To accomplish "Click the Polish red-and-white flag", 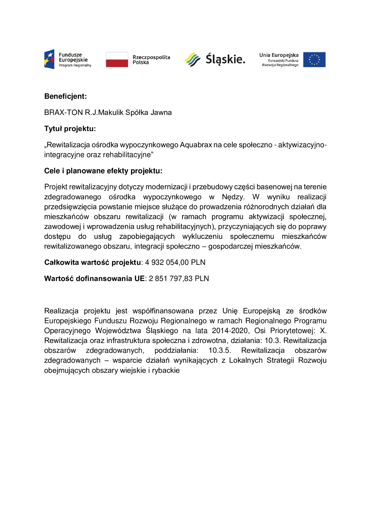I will (117, 60).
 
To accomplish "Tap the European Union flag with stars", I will (314, 60).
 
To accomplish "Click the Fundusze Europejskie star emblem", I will (49, 59).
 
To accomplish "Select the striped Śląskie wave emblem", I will (192, 59).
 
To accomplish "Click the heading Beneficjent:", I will (65, 96).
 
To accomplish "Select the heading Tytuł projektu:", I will (70, 129).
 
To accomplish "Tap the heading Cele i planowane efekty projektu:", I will (103, 171).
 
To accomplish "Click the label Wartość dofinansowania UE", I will (94, 278).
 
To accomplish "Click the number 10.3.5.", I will (220, 350).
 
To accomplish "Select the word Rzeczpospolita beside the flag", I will (151, 57).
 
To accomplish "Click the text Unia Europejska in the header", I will (279, 55).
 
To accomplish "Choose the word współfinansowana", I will (163, 311).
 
